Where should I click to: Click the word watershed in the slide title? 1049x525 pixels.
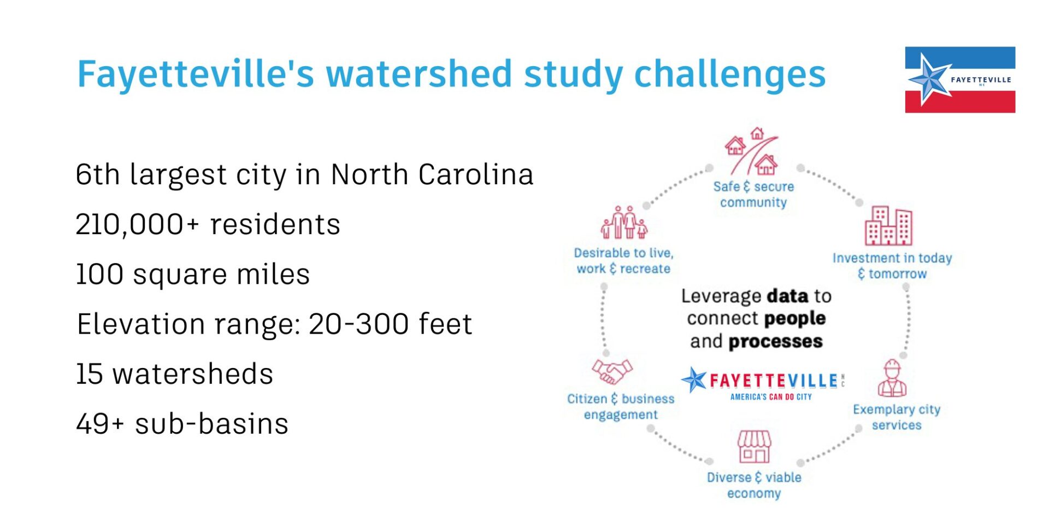pyautogui.click(x=419, y=74)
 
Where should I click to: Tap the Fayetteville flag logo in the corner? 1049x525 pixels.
pyautogui.click(x=960, y=80)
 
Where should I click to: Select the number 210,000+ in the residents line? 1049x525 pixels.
pyautogui.click(x=137, y=224)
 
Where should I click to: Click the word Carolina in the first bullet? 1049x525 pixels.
pyautogui.click(x=475, y=174)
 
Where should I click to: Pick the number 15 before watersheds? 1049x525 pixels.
pyautogui.click(x=89, y=374)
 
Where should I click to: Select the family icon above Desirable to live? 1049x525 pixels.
pyautogui.click(x=624, y=223)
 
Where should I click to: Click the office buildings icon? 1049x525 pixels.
pyautogui.click(x=888, y=225)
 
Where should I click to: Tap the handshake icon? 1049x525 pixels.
pyautogui.click(x=612, y=371)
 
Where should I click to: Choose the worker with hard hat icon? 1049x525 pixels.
pyautogui.click(x=892, y=378)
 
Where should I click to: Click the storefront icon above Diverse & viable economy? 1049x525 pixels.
pyautogui.click(x=754, y=446)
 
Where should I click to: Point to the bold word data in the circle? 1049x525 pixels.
pyautogui.click(x=787, y=296)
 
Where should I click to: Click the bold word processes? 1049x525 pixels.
pyautogui.click(x=775, y=342)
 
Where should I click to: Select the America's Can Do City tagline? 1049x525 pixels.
pyautogui.click(x=771, y=397)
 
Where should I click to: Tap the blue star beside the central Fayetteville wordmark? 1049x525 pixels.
pyautogui.click(x=694, y=380)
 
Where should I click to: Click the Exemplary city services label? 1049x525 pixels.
pyautogui.click(x=897, y=417)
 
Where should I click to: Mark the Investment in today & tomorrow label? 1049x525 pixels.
pyautogui.click(x=892, y=266)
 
